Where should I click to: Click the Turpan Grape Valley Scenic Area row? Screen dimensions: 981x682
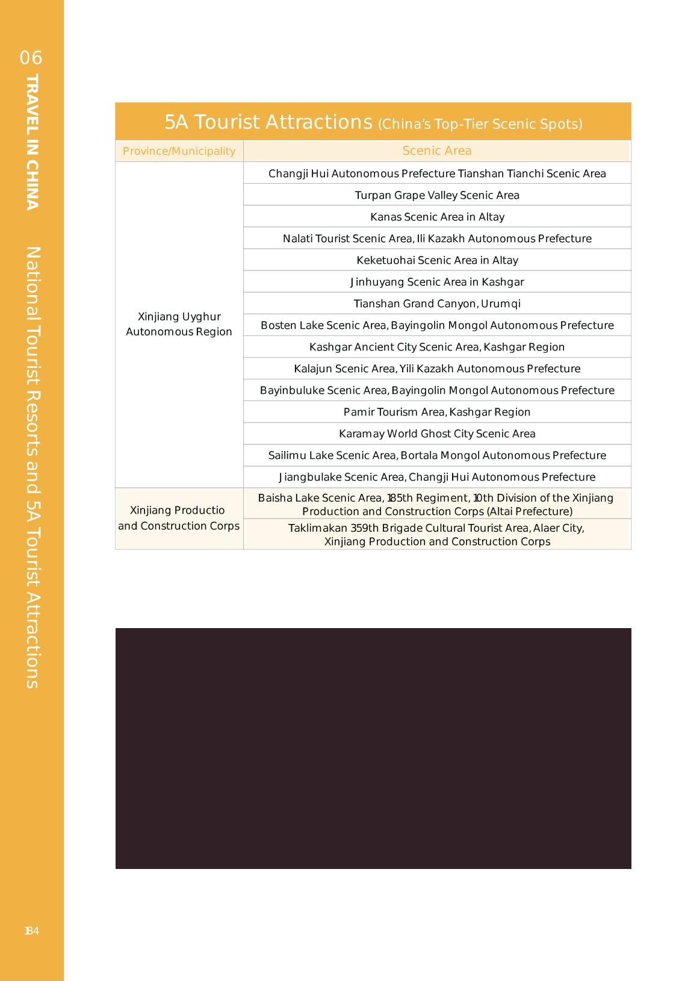pyautogui.click(x=437, y=195)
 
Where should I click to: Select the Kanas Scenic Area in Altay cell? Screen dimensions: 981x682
pyautogui.click(x=437, y=217)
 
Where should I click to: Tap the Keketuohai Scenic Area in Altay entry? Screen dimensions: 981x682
pyautogui.click(x=437, y=260)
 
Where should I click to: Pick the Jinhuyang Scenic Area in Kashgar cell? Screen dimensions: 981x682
pyautogui.click(x=437, y=282)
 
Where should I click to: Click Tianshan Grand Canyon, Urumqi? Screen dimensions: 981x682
pyautogui.click(x=437, y=304)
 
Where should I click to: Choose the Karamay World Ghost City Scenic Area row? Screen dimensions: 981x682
pyautogui.click(x=437, y=434)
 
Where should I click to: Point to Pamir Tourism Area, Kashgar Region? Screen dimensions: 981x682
pyautogui.click(x=437, y=412)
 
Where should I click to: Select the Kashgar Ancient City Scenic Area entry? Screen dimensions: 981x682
pyautogui.click(x=437, y=347)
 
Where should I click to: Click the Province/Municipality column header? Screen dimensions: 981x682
pyautogui.click(x=179, y=151)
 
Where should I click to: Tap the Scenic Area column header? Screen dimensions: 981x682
pyautogui.click(x=437, y=151)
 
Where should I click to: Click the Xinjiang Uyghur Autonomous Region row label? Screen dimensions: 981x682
pyautogui.click(x=179, y=324)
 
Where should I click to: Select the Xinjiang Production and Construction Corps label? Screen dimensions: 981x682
pyautogui.click(x=179, y=518)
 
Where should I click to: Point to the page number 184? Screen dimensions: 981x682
pyautogui.click(x=31, y=931)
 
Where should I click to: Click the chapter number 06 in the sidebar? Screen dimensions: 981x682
pyautogui.click(x=31, y=58)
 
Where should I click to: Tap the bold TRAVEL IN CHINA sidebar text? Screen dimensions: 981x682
pyautogui.click(x=33, y=142)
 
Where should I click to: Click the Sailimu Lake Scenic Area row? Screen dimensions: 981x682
pyautogui.click(x=437, y=455)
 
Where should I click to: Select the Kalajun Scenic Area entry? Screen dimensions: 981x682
pyautogui.click(x=437, y=369)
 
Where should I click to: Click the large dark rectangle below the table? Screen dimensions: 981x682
pyautogui.click(x=373, y=748)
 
